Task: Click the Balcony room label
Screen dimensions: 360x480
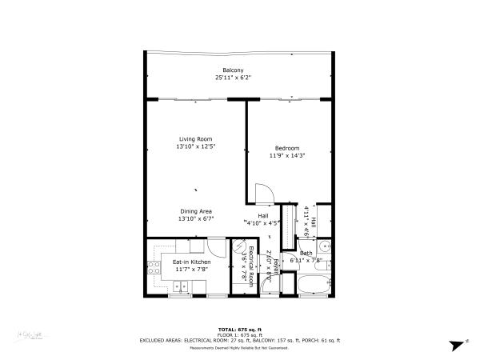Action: coord(233,70)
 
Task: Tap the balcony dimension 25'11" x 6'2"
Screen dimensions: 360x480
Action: coord(233,78)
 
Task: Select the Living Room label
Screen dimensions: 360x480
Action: coord(195,139)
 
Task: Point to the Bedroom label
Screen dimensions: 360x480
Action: coord(287,148)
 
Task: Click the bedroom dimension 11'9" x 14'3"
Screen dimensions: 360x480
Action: coord(287,156)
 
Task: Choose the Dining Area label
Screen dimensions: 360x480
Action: coord(195,210)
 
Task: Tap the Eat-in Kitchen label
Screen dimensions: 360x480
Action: coord(191,262)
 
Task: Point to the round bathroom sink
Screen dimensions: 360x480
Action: coord(326,248)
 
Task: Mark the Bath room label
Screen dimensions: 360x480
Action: coord(306,253)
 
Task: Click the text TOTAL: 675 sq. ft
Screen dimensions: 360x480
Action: coord(239,329)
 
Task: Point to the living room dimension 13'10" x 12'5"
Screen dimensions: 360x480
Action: coord(195,147)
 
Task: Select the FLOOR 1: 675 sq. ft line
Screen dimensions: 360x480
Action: coord(239,334)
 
